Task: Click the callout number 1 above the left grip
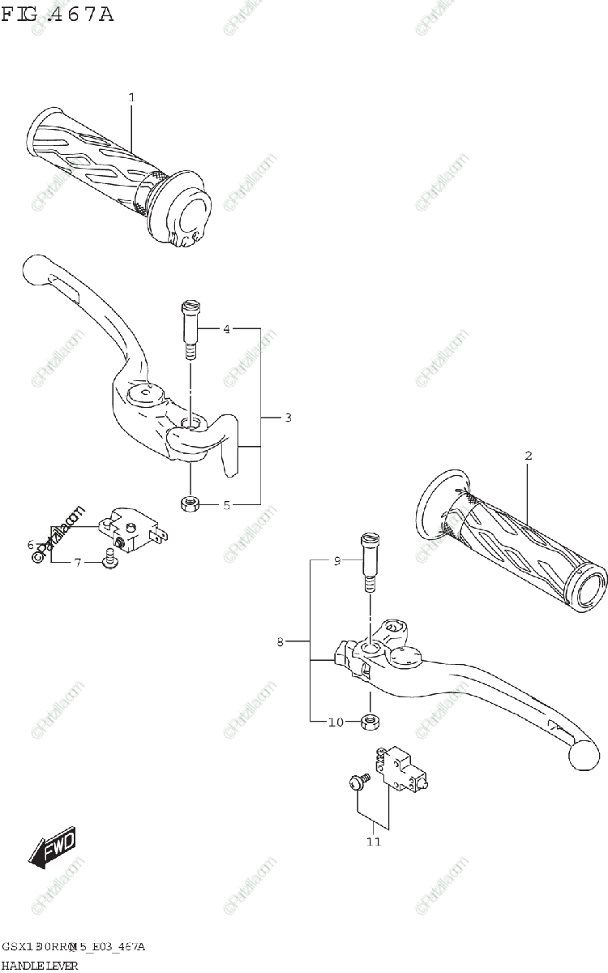click(x=131, y=97)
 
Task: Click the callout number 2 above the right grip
click(x=528, y=456)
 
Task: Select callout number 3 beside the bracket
click(x=288, y=418)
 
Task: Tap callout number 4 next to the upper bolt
click(x=227, y=329)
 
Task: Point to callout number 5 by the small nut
click(x=227, y=505)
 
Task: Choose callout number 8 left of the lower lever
click(x=280, y=642)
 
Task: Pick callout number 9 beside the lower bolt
click(x=338, y=560)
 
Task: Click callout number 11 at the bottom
click(x=373, y=842)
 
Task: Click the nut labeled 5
click(x=191, y=504)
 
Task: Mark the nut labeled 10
click(x=374, y=720)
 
